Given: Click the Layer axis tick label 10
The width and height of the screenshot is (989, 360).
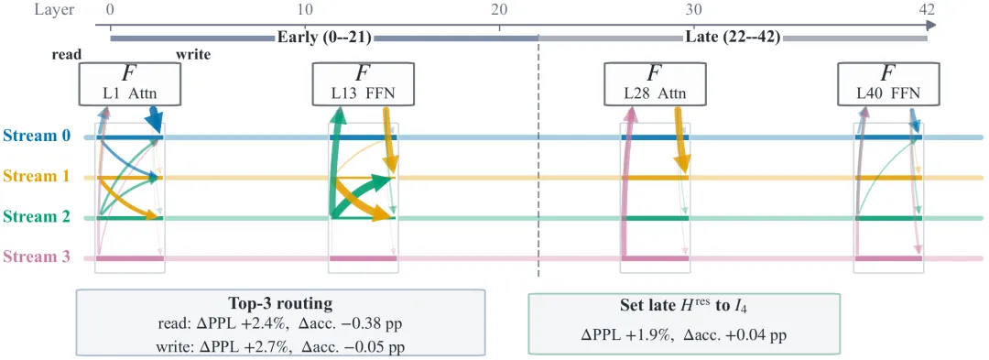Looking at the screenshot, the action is point(305,9).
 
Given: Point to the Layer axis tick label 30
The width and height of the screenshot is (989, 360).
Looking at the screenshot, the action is point(692,9).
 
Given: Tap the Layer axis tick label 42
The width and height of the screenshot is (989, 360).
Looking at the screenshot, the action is point(927,9).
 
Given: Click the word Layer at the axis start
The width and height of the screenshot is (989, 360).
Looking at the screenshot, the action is point(56,9).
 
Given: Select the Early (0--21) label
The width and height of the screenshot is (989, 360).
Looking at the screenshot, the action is point(324,38).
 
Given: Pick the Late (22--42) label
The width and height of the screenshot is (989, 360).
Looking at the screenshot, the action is point(733,38).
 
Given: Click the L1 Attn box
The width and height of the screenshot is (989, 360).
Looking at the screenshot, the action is point(130,84).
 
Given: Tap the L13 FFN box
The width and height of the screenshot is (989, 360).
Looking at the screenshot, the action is point(364,84).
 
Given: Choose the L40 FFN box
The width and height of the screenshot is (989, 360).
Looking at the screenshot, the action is point(887,84).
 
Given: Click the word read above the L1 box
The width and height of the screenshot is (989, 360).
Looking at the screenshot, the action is point(66,55).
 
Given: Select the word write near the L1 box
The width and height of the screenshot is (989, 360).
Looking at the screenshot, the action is point(193,55).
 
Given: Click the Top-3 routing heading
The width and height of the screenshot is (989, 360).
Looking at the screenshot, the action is point(280,304).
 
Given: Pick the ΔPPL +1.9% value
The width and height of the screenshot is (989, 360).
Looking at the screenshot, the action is point(624,334).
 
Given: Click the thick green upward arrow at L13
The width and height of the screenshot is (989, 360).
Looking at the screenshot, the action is point(333,163).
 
